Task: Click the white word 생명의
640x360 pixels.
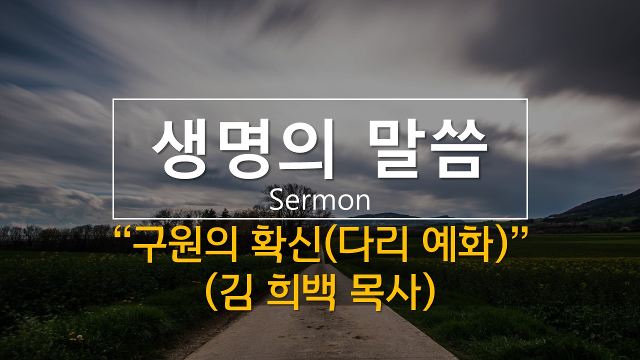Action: pos(243,149)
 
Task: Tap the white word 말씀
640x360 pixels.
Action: pos(427,149)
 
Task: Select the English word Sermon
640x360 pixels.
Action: pos(319,201)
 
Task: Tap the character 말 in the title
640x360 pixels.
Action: pos(397,149)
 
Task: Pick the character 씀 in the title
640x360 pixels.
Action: pos(458,149)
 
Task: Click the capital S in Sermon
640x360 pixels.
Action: pos(275,201)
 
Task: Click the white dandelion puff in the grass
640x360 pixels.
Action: pos(80,336)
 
